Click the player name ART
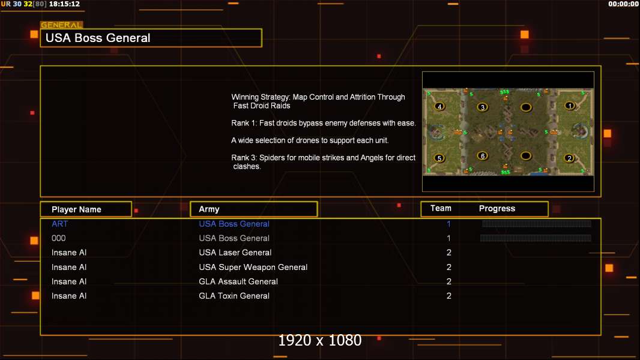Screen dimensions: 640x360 click(59, 224)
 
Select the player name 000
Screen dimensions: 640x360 click(58, 238)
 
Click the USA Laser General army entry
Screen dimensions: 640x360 click(235, 253)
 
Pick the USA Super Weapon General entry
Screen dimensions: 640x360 click(253, 267)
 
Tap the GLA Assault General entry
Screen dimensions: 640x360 click(238, 281)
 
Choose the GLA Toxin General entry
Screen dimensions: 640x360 click(234, 296)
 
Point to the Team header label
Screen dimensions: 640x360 click(441, 208)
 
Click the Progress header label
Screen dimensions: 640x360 click(497, 209)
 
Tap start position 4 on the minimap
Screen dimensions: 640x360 click(439, 106)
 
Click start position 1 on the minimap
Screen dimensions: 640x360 click(570, 106)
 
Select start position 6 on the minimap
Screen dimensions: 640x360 click(483, 156)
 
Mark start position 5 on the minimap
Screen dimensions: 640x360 click(439, 158)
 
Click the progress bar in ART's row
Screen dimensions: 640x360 click(536, 223)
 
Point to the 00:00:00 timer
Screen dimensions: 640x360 click(623, 4)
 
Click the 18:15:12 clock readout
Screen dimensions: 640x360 click(64, 4)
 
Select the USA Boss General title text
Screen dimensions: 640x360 click(98, 38)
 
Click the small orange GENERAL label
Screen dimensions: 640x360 click(61, 25)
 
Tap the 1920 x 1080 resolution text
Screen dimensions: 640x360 click(320, 340)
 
